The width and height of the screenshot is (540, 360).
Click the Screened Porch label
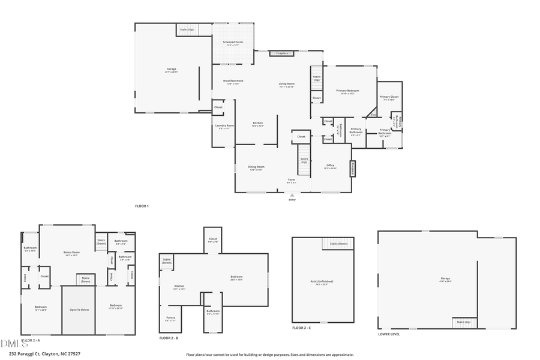233,43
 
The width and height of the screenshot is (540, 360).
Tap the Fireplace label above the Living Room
282,53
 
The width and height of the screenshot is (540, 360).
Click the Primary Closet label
389,97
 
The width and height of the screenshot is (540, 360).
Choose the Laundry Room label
224,126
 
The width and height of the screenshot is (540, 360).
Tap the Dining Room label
257,167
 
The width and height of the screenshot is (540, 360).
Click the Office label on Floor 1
330,166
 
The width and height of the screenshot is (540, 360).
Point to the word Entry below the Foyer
292,200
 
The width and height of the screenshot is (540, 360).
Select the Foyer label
292,179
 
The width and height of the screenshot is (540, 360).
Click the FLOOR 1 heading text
142,206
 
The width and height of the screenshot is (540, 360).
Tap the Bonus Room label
71,253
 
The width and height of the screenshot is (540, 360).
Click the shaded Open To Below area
79,310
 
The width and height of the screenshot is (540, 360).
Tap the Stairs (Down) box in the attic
339,244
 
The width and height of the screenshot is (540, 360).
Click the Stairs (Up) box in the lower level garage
464,323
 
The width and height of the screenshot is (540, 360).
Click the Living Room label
286,84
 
